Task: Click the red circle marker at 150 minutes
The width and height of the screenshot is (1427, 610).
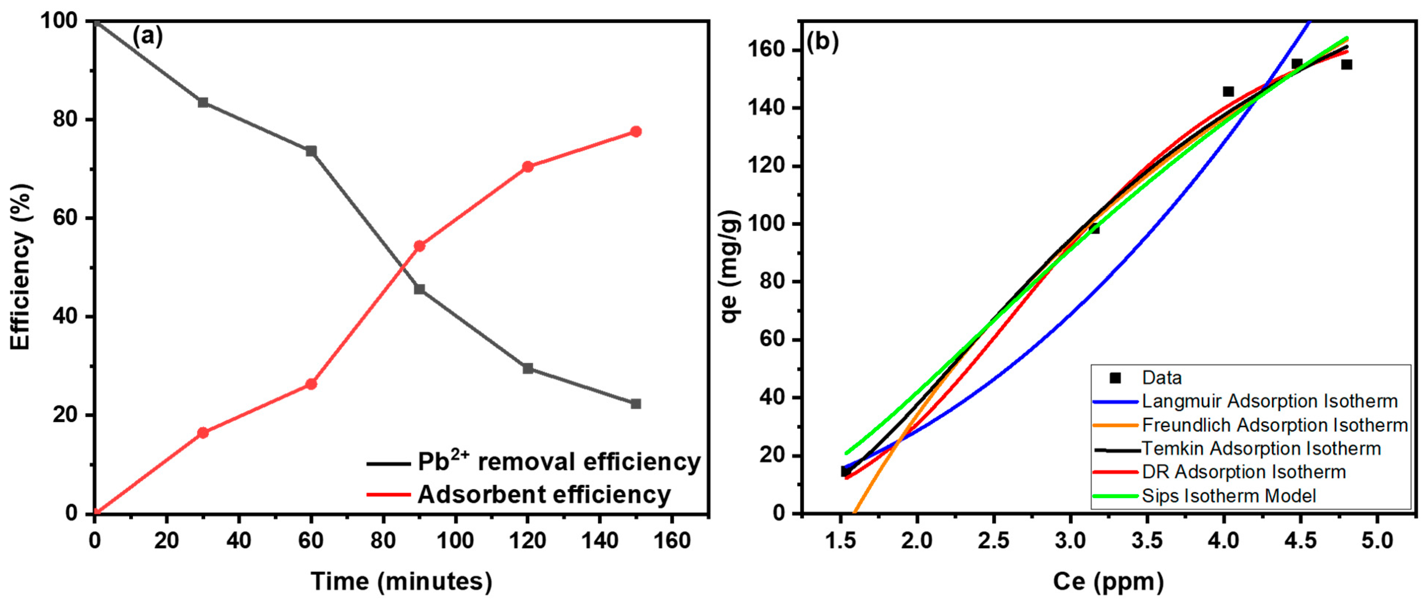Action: coord(635,132)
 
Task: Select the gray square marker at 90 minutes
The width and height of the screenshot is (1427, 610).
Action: coord(419,289)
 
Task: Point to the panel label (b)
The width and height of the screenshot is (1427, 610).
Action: coord(822,42)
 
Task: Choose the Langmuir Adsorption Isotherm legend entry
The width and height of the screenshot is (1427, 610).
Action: coord(1270,401)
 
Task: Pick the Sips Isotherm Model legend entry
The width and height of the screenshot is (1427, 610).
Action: coord(1229,496)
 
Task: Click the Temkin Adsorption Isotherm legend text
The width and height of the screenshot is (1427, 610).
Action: coord(1261,449)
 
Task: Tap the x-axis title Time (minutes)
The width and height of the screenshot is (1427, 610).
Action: coord(401,582)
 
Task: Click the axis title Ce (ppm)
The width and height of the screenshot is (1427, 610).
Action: coord(1108,582)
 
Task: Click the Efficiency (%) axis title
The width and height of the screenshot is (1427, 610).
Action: coord(21,267)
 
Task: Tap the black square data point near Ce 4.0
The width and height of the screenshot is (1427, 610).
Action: coord(1228,91)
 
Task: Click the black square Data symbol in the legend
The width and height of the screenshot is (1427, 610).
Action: coord(1115,378)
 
